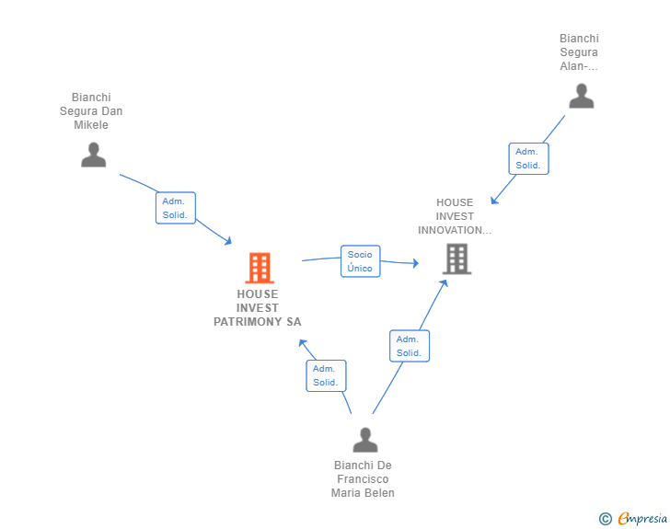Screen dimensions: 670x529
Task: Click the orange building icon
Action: [x=260, y=268]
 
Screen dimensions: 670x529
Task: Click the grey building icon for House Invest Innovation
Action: [x=456, y=259]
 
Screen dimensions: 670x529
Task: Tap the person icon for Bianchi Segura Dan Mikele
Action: [x=94, y=155]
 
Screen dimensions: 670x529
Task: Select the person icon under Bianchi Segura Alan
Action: [x=582, y=97]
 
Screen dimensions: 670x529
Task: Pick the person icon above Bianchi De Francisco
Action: [x=365, y=440]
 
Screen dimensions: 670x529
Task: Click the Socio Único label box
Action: [x=360, y=261]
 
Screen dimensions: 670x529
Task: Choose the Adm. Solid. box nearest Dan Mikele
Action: [x=175, y=208]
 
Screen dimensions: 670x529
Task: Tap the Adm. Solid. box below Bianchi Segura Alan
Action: [x=528, y=158]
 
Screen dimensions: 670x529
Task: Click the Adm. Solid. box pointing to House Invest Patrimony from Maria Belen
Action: [x=326, y=375]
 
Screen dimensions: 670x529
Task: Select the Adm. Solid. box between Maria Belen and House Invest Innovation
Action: [x=410, y=346]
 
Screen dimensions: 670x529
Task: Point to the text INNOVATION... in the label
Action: [x=455, y=230]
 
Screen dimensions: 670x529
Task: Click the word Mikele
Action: [x=91, y=125]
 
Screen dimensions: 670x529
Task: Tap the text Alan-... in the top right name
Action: [x=579, y=66]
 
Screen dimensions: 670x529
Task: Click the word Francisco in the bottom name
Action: [x=363, y=479]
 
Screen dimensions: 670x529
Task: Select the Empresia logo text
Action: [x=642, y=518]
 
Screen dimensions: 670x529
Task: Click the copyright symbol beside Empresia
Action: [x=606, y=519]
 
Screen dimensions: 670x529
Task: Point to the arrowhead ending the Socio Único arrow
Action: [x=416, y=263]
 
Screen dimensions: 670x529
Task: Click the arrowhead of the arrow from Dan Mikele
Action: [x=228, y=241]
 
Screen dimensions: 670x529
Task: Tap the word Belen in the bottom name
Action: [x=379, y=493]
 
